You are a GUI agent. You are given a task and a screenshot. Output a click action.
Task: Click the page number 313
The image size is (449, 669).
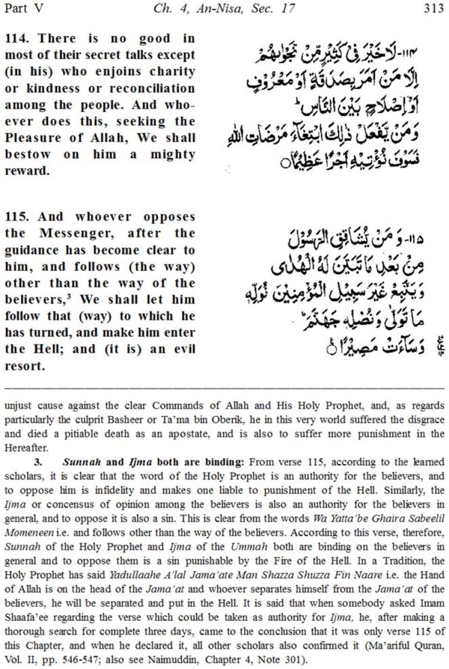[434, 8]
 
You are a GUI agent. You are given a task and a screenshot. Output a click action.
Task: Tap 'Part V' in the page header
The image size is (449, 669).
[24, 8]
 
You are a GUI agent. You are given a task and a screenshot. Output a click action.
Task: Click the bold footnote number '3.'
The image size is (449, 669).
[38, 462]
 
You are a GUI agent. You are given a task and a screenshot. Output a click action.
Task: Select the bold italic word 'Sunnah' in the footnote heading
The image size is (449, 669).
[82, 462]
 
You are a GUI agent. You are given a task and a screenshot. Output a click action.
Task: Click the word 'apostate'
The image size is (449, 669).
[187, 434]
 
